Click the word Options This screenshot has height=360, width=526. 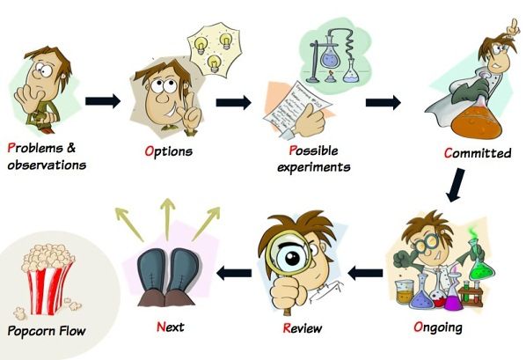coord(169,151)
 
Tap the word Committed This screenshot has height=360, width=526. coord(478,153)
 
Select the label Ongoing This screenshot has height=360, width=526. coord(438,327)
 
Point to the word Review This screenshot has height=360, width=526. coord(303,328)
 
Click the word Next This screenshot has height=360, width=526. coord(171,327)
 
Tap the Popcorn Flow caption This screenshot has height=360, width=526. coord(47,331)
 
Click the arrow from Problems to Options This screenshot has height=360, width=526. coord(103,100)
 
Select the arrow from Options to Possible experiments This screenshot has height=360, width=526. coord(233,102)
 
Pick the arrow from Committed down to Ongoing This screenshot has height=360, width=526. coord(456,185)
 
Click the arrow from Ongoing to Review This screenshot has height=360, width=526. coord(365,273)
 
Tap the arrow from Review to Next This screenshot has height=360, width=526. coord(234,273)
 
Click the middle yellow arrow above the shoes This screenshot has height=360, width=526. coord(167,218)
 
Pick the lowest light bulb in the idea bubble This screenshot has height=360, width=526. coord(214,63)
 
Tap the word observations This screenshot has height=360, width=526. coord(47,165)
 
